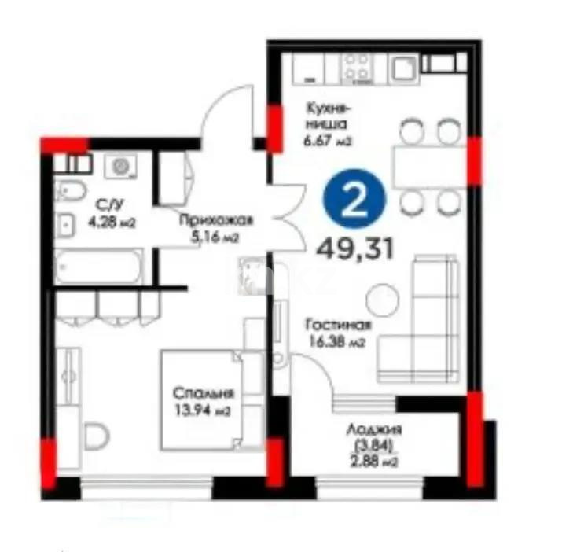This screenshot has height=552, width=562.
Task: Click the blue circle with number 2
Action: click(354, 199)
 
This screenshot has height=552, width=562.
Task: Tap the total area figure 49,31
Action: click(354, 248)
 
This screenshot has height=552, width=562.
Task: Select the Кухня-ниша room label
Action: click(327, 116)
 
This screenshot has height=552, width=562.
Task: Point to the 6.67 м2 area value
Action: click(328, 141)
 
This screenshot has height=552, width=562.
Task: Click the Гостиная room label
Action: click(339, 325)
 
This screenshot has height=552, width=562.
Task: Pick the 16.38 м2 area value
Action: click(337, 342)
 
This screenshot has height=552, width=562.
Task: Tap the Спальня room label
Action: click(204, 393)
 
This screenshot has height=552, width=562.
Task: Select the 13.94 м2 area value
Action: click(203, 410)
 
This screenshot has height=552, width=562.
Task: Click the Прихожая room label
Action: click(216, 220)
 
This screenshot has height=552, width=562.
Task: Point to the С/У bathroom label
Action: click(110, 205)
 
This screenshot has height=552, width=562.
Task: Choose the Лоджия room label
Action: click(374, 429)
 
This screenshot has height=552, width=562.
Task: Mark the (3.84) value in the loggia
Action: click(374, 446)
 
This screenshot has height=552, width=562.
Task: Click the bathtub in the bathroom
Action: click(98, 266)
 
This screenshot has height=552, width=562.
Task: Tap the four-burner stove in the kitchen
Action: click(356, 68)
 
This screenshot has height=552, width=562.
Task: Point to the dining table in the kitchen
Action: click(429, 167)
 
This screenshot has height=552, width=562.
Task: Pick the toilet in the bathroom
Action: click(70, 191)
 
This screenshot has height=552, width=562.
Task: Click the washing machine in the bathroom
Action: click(120, 166)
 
